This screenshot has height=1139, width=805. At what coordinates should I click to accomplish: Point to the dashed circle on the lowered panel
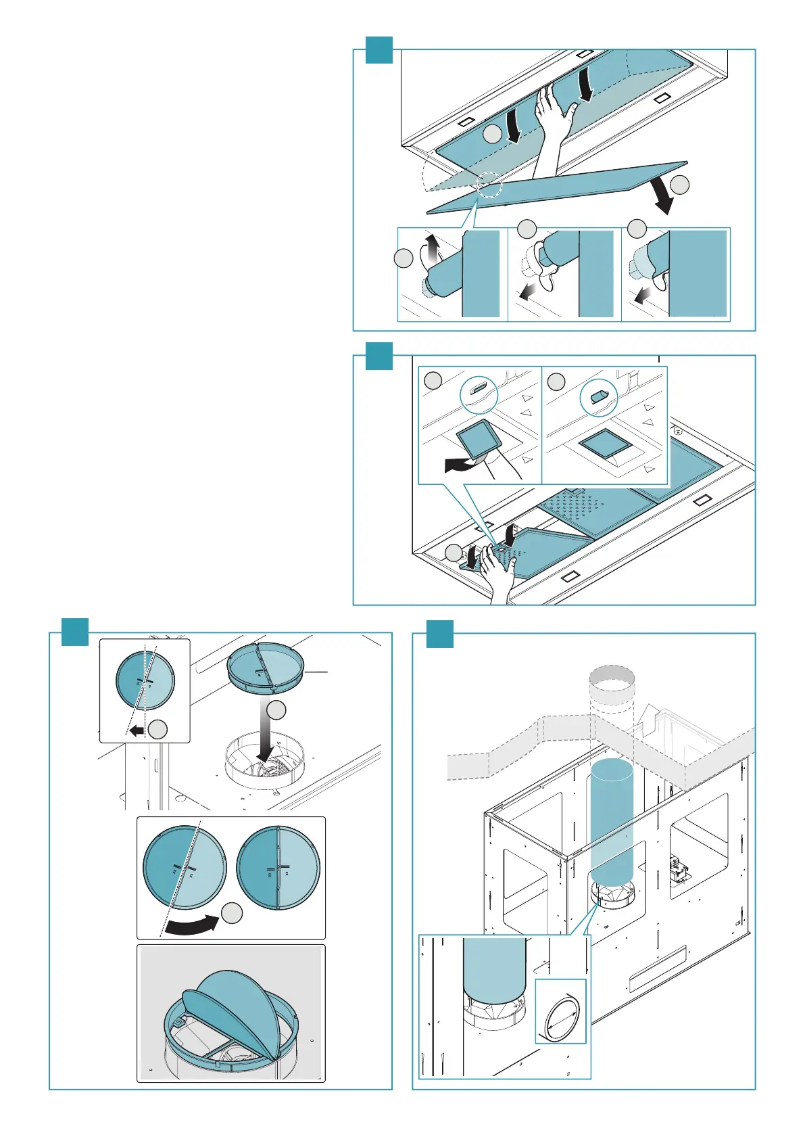point(489,184)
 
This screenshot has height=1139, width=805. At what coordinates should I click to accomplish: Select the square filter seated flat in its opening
point(605,444)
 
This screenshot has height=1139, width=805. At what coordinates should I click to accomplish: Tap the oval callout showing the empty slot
point(479,392)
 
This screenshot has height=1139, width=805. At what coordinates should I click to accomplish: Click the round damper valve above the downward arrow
point(266,667)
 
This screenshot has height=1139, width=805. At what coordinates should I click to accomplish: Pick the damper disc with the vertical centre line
point(278,868)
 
